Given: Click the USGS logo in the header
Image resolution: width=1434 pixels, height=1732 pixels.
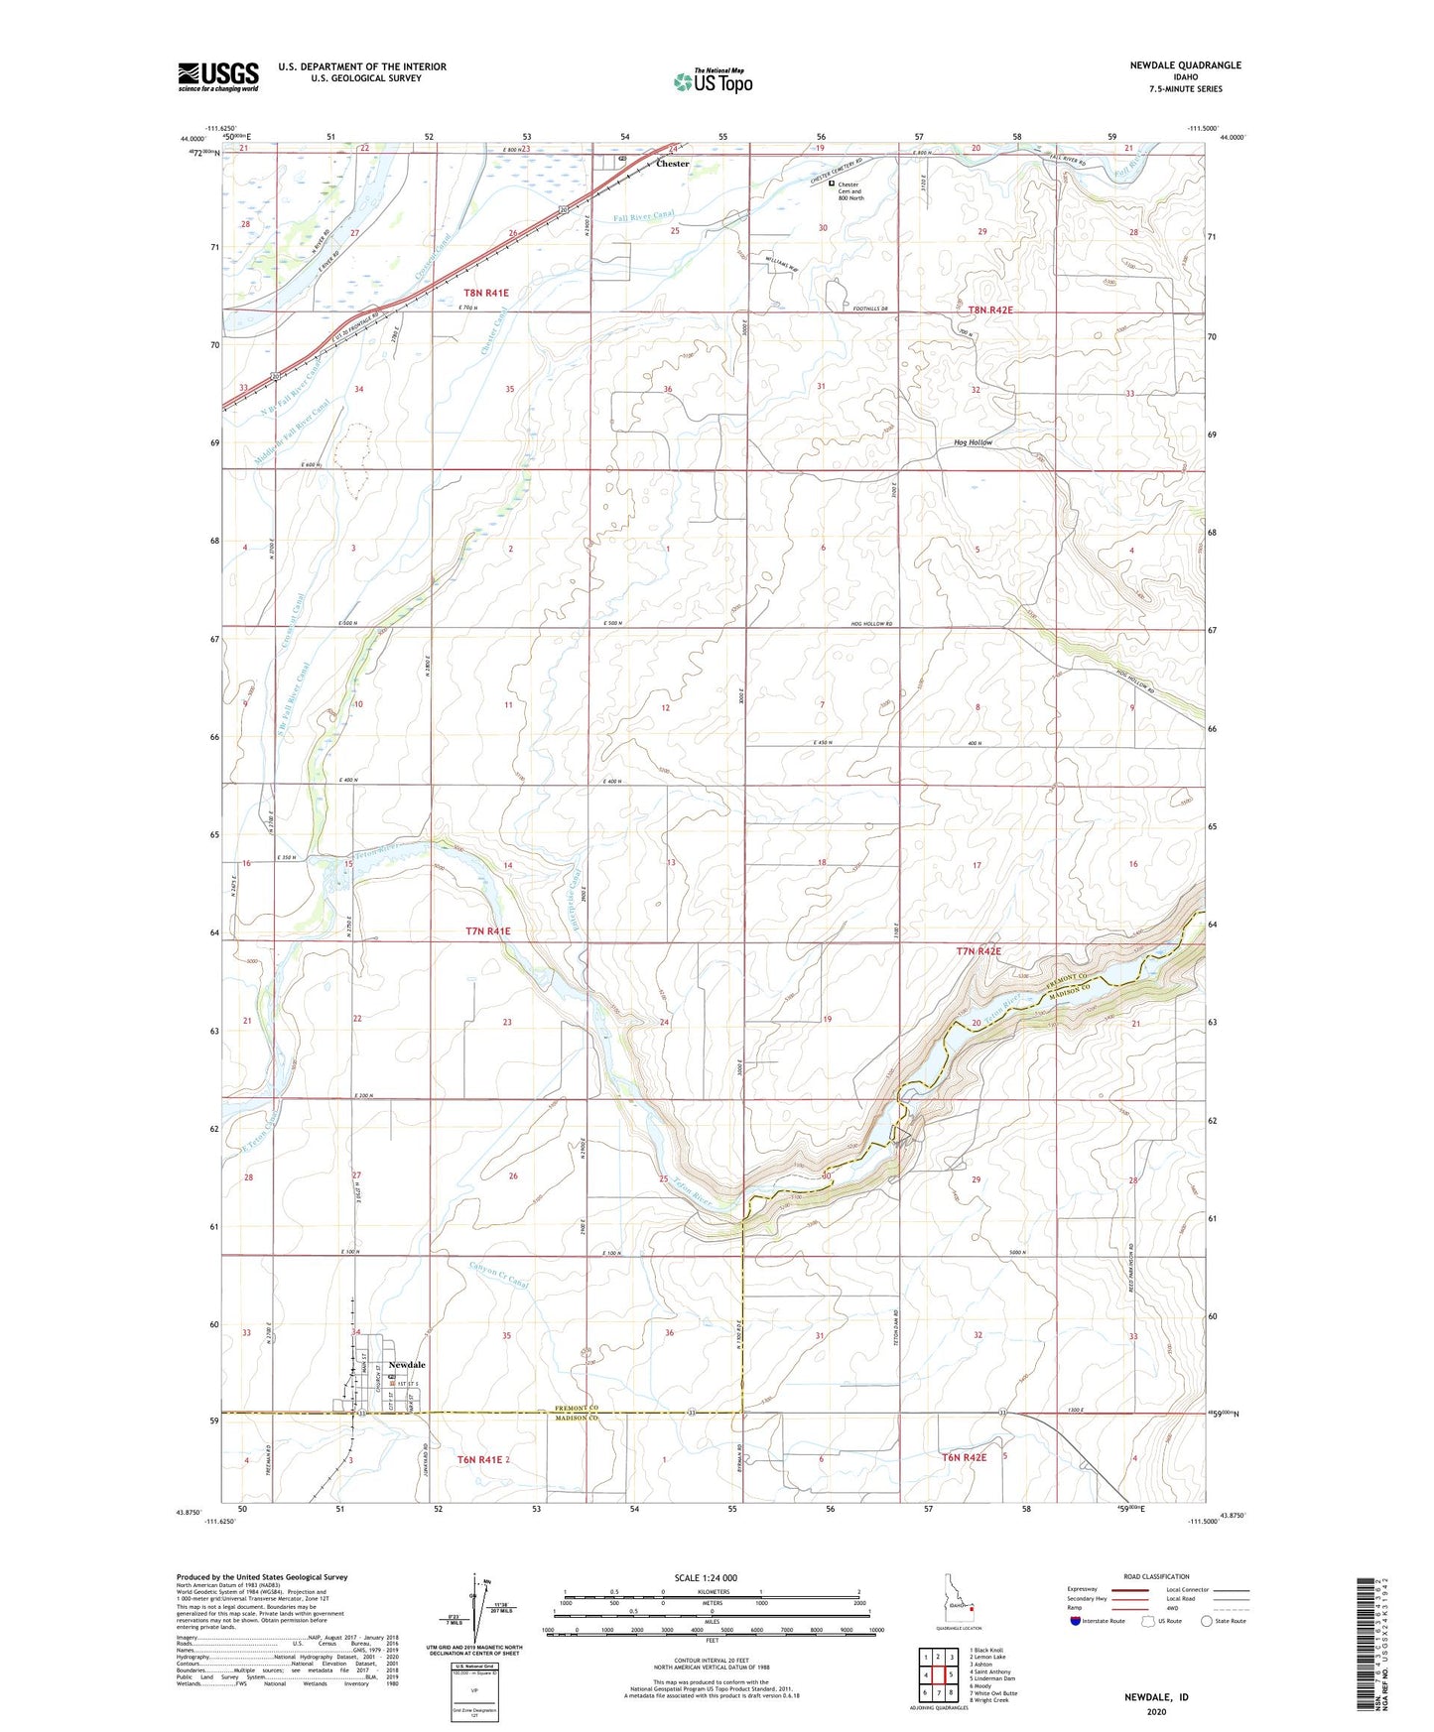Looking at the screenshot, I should [217, 76].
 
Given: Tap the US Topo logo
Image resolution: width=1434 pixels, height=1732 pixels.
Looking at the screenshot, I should [713, 82].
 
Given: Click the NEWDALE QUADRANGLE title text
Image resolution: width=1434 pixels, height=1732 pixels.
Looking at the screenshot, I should [1185, 65].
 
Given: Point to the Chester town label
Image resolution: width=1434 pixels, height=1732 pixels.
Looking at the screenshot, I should [672, 164].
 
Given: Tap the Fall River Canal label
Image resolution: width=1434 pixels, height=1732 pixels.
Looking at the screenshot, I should [643, 216].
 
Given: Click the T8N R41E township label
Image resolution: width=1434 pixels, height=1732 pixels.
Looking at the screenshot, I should [486, 293].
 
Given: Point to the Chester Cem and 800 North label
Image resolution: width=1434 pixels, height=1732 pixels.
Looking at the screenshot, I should [850, 190].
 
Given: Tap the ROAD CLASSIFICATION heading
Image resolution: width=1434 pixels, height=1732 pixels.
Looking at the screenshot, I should [1156, 1576].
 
